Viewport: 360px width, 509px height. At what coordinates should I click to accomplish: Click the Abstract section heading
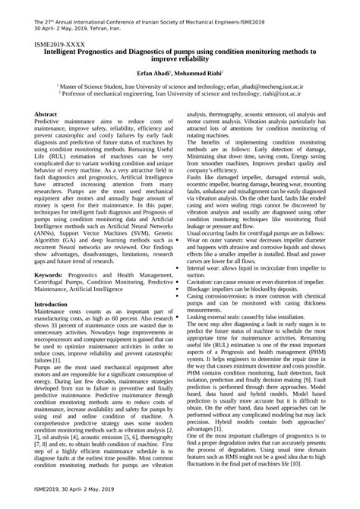point(48,114)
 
